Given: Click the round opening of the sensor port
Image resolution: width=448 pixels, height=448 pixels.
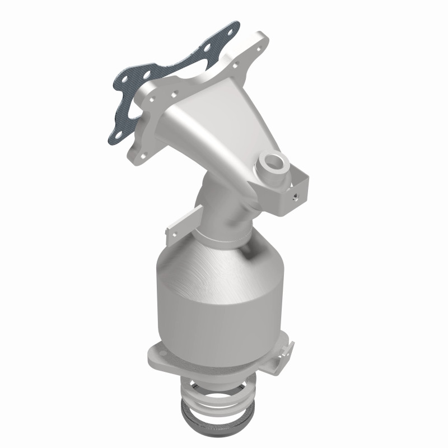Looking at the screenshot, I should click(x=274, y=161).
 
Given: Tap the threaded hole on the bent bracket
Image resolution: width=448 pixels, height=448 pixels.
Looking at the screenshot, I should click(x=295, y=198).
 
